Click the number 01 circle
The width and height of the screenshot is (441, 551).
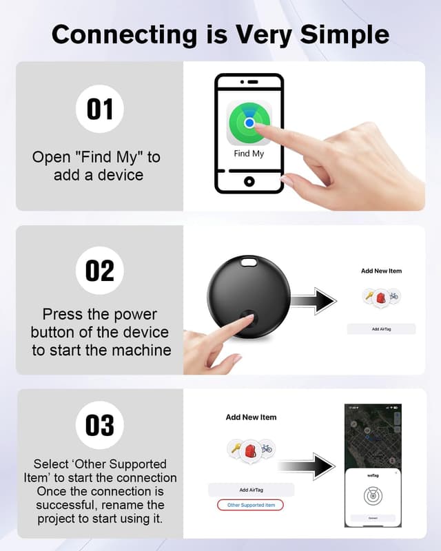[x=100, y=108]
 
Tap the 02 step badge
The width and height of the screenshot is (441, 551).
[x=100, y=270]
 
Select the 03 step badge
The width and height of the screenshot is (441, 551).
[x=100, y=426]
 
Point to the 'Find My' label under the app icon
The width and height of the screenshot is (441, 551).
[x=249, y=153]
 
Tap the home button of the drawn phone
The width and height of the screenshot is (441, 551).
[x=249, y=181]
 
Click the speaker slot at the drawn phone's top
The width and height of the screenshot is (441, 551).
[x=249, y=82]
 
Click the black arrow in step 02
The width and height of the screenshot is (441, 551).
[x=313, y=301]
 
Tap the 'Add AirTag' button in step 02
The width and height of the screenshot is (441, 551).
[x=381, y=329]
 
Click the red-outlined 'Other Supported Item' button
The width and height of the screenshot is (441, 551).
[x=251, y=505]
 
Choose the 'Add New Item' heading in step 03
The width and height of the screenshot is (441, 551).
[x=251, y=417]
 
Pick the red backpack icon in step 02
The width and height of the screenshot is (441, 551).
[x=381, y=297]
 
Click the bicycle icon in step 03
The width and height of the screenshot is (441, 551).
[x=267, y=448]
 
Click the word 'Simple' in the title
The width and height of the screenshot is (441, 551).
[x=344, y=34]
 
